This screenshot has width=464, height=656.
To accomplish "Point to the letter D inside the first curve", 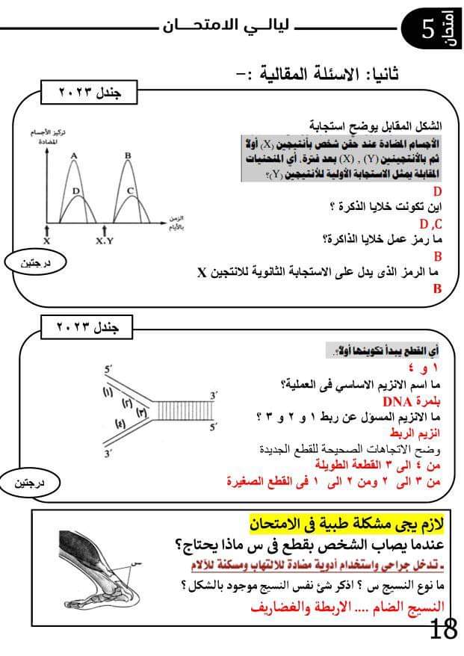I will pyautogui.click(x=76, y=191).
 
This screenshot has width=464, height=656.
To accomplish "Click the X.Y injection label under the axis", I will pyautogui.click(x=105, y=241).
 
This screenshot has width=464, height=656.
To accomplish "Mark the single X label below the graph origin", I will pyautogui.click(x=46, y=241).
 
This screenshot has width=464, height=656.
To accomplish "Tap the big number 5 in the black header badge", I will pyautogui.click(x=428, y=31).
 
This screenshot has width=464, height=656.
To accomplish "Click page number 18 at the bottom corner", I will pyautogui.click(x=444, y=629).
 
